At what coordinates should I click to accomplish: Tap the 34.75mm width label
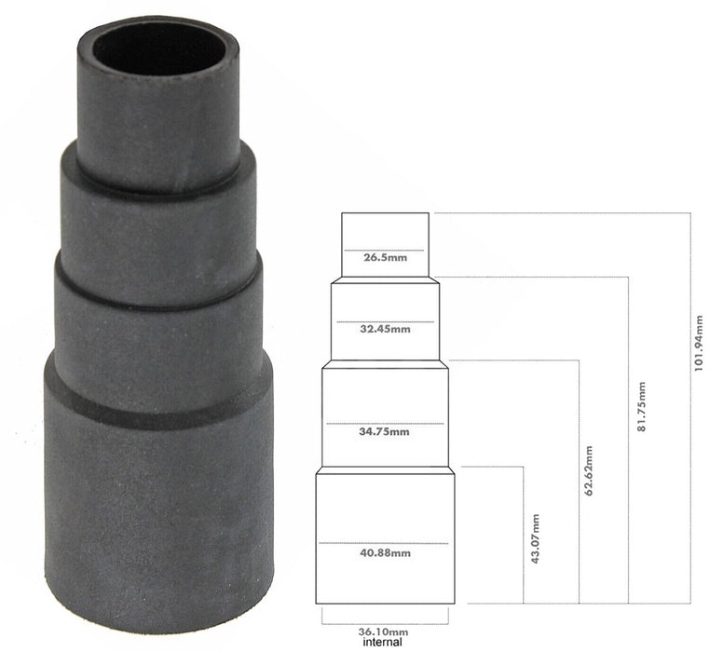(386, 431)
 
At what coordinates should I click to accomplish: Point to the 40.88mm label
(386, 553)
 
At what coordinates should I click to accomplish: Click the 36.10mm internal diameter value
(385, 630)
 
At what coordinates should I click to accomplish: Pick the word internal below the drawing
(384, 642)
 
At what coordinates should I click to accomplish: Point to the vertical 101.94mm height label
(699, 343)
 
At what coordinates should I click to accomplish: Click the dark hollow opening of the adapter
(157, 48)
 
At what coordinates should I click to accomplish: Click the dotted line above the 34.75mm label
(386, 422)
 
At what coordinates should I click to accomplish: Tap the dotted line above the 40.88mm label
(386, 542)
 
